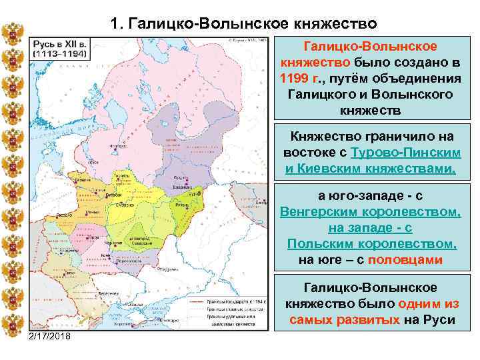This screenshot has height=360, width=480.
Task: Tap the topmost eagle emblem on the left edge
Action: click(13, 33)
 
